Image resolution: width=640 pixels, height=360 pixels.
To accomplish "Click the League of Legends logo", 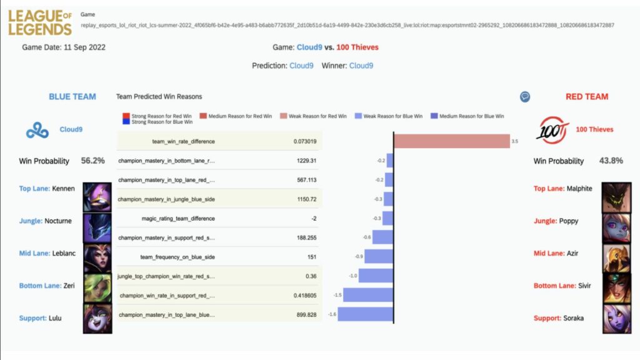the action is [x=40, y=22].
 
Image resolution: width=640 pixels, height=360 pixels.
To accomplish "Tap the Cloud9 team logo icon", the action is [x=37, y=131].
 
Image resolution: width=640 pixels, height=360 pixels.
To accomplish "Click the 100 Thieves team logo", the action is [x=552, y=130].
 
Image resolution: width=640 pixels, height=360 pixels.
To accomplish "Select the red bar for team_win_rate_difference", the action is [x=452, y=141].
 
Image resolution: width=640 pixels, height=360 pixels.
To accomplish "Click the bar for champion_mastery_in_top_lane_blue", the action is [x=366, y=314].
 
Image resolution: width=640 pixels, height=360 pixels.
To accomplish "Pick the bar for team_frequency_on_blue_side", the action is [x=379, y=256].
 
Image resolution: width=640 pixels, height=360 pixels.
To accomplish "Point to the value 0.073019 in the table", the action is [x=305, y=141].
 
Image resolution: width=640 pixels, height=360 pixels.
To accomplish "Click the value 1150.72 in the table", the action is [x=306, y=199].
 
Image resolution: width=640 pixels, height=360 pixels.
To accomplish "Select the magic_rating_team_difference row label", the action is [x=178, y=218].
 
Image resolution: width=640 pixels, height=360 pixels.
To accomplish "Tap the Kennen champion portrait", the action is [x=97, y=197].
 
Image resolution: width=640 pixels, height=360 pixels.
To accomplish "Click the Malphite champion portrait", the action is [x=616, y=197].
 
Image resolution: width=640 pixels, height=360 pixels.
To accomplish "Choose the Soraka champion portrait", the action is [x=616, y=319].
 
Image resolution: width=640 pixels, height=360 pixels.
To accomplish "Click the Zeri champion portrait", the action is [x=97, y=288].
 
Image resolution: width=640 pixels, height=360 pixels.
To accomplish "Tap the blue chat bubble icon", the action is [x=525, y=97].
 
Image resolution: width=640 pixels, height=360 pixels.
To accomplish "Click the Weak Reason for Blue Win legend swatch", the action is [x=358, y=116].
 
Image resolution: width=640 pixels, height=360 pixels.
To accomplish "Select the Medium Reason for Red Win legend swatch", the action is [x=203, y=116].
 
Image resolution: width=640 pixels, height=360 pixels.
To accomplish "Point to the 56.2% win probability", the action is [x=92, y=161].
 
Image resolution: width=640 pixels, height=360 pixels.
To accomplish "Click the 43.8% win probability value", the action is [x=611, y=161].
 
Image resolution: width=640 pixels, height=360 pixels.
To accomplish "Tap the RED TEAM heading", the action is [x=587, y=97].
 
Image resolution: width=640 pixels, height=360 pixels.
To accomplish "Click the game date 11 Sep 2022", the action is [x=84, y=47].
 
